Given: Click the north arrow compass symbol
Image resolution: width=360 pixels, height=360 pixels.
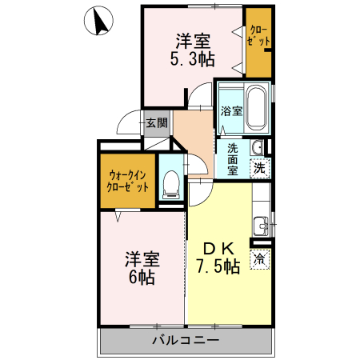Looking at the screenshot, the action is coord(98,21).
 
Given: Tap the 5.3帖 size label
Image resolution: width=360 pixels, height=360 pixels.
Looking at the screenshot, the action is coord(193,59).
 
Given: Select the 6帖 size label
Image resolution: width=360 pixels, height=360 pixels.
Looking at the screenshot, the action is coord(142,278).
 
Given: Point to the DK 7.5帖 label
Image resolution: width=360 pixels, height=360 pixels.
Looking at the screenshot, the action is coord(218,258).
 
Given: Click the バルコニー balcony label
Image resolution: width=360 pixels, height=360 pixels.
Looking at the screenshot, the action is coord(186,340).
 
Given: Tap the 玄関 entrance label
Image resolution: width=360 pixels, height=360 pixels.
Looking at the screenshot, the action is coord(157,123).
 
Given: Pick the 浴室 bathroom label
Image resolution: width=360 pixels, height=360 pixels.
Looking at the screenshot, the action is coord(231,110).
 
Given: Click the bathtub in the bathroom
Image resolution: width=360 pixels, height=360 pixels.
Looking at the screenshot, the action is coord(256,108).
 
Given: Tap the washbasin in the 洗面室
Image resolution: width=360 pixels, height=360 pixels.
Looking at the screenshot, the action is coord(257,147).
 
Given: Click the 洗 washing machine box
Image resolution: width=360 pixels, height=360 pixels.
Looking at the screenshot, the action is coord(260,168).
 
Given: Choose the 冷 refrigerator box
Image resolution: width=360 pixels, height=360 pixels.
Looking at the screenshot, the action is coord(260,258).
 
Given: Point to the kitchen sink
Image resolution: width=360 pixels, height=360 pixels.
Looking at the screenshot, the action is coord(261,226).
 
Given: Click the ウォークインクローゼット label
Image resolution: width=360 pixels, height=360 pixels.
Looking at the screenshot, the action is coord(128,182).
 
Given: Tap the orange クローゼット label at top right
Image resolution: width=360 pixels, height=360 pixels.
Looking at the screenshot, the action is coord(258,36).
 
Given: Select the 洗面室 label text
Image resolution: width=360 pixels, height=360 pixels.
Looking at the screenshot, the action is coord(233,160).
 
